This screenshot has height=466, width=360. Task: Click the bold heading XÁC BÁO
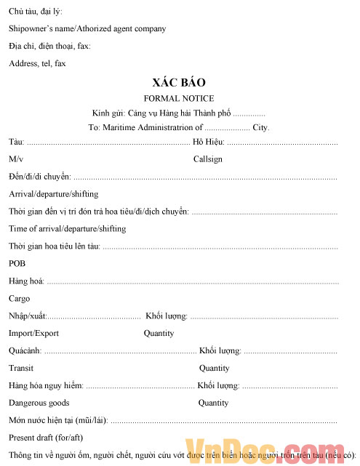(x=179, y=82)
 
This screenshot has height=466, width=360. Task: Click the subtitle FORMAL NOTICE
(x=179, y=98)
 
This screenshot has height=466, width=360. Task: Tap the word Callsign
(x=208, y=158)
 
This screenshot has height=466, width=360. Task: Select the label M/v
(x=16, y=158)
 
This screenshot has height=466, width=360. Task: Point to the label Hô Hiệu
(x=208, y=142)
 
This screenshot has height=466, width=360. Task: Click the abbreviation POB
(x=17, y=263)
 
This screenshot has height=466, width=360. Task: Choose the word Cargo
(x=20, y=298)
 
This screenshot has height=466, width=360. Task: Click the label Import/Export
(x=34, y=333)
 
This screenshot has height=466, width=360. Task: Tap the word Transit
(x=21, y=368)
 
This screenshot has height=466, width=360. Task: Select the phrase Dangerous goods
(x=39, y=403)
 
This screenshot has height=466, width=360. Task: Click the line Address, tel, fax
(x=37, y=63)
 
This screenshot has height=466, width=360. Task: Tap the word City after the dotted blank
(x=260, y=127)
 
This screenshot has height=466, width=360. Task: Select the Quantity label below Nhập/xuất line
(x=159, y=333)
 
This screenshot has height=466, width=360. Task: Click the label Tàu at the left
(x=16, y=142)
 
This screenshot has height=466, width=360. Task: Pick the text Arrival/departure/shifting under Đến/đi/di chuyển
(x=53, y=194)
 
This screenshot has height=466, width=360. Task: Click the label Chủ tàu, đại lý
(x=35, y=11)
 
